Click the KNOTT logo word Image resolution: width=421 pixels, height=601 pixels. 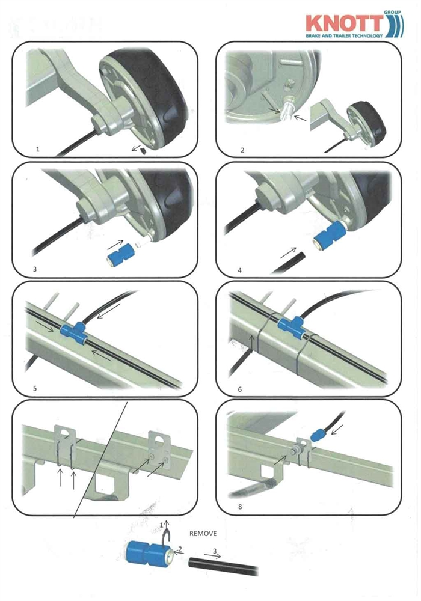tap(345, 24)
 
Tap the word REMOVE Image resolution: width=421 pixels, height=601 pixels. tap(203, 534)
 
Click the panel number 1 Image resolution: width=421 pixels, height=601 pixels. tap(37, 149)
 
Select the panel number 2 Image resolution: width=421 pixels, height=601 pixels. tap(242, 150)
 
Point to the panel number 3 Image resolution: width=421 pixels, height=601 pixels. tap(35, 269)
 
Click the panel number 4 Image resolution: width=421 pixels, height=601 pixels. tap(239, 270)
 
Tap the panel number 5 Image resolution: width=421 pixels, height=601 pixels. tap(35, 388)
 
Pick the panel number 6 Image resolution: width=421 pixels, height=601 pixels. tap(239, 389)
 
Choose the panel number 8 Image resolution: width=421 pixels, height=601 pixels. tap(240, 507)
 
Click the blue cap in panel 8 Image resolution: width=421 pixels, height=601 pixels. tap(317, 435)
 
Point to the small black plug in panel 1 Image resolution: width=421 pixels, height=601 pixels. tap(144, 151)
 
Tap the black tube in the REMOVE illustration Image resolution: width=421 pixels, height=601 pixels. tap(223, 567)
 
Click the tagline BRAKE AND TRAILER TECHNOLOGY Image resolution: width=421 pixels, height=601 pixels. tap(344, 35)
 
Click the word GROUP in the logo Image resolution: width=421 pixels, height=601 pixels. tap(392, 12)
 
